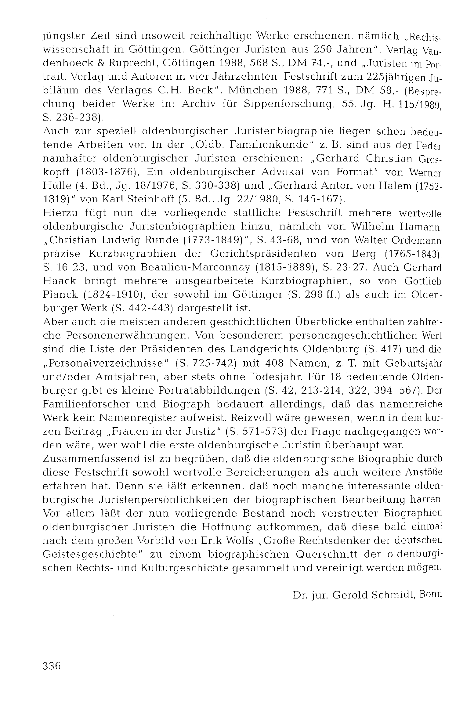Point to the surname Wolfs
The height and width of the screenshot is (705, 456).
[238, 540]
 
